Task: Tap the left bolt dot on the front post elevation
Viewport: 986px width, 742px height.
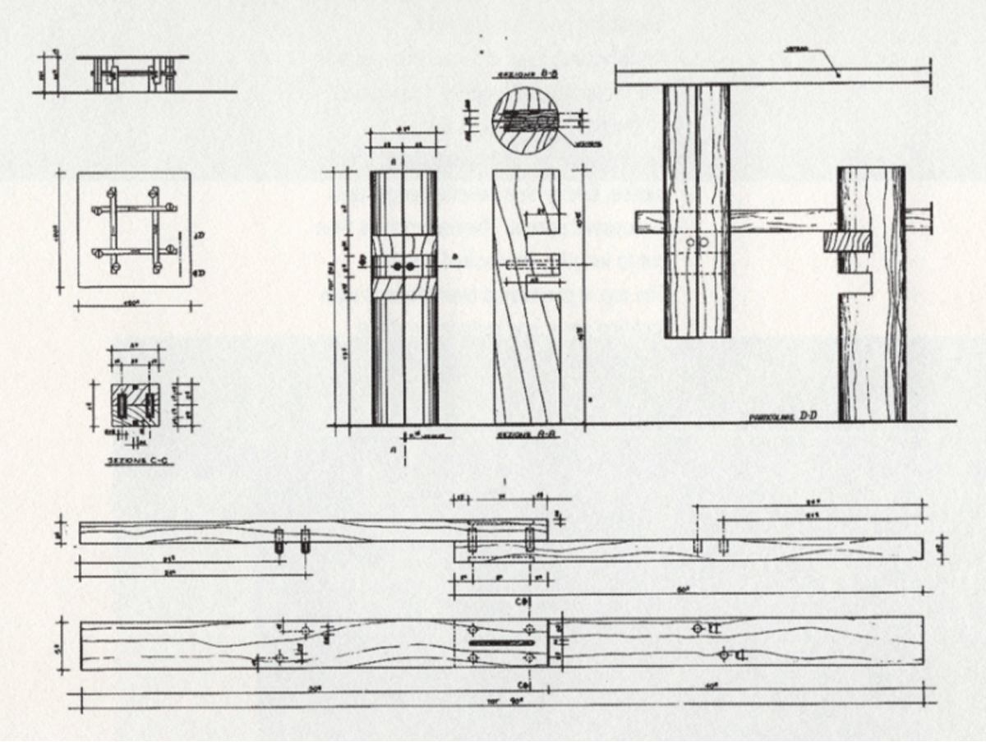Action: pyautogui.click(x=397, y=267)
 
